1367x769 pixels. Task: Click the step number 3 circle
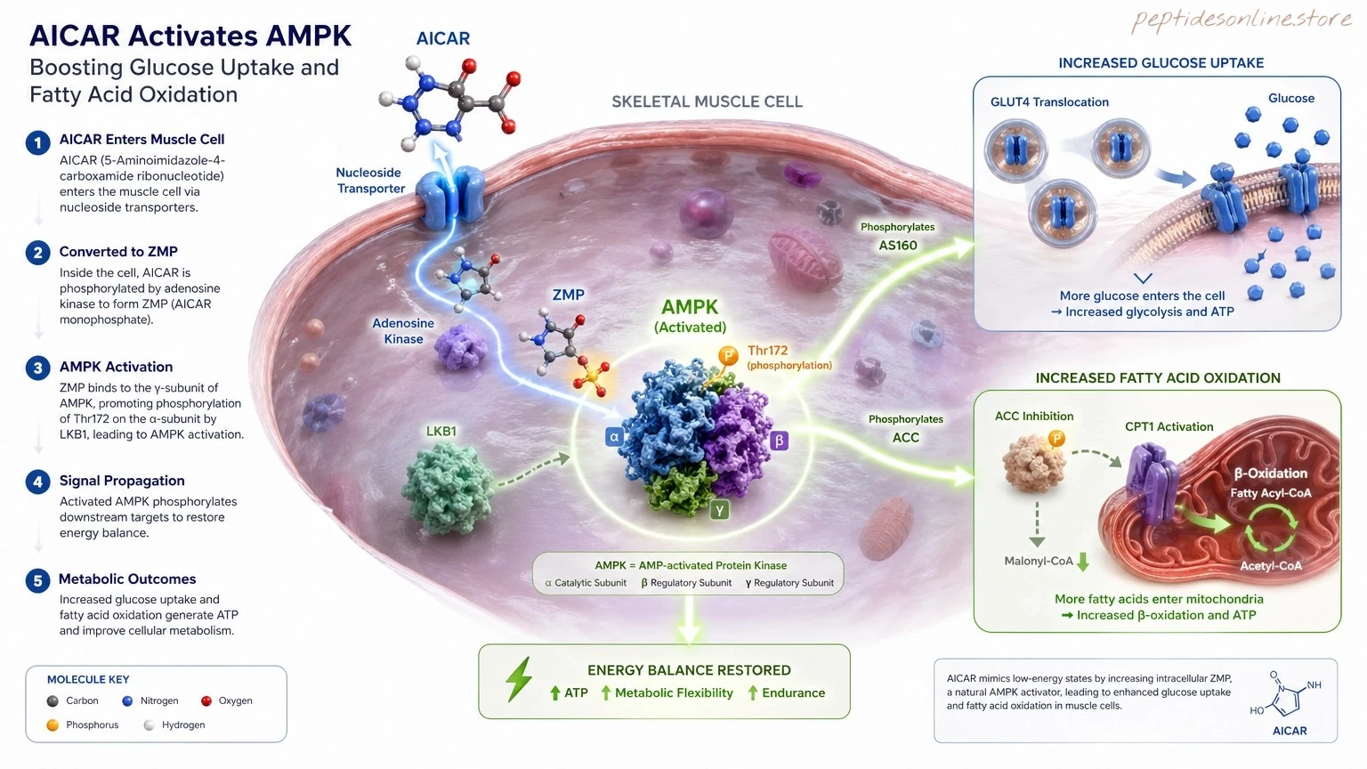38,368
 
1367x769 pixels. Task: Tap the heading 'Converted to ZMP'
118,252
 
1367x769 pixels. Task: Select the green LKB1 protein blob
448,489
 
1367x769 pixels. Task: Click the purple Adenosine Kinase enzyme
461,346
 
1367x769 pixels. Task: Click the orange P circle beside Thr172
727,355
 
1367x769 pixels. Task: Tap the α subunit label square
615,437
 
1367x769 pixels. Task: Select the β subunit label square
779,441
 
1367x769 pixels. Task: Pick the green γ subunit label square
719,510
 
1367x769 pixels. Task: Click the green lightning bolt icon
519,679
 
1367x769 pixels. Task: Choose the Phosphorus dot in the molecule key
53,725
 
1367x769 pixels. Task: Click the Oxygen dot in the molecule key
206,700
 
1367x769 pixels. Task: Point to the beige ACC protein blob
1034,463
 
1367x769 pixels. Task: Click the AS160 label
898,246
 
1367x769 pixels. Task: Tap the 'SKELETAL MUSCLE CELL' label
707,101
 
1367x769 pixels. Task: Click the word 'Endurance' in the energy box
793,692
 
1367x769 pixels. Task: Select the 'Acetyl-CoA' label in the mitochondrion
1271,566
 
